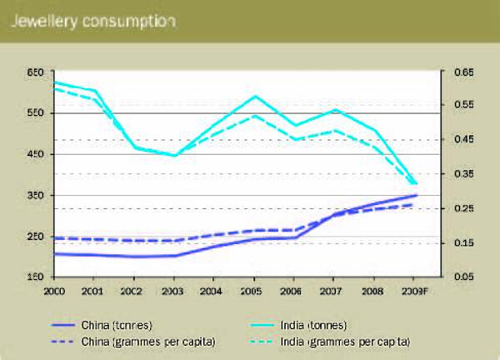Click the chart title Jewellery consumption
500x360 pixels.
[92, 22]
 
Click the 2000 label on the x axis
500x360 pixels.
[52, 289]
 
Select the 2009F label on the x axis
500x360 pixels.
[414, 289]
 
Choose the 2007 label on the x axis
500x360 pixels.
[333, 289]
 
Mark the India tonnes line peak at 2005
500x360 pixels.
[253, 97]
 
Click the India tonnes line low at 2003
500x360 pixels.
[173, 155]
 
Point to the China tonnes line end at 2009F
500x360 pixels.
[415, 195]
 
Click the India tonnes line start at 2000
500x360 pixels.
[52, 82]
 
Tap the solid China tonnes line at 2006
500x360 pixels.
[293, 237]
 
